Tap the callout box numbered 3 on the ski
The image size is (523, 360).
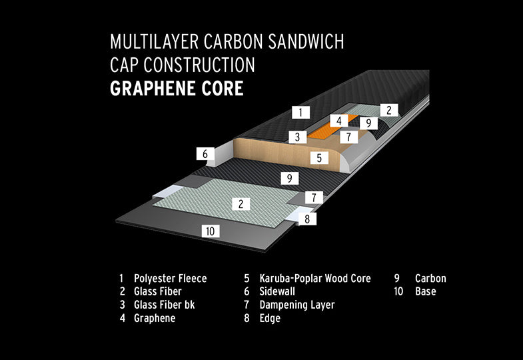[298, 137]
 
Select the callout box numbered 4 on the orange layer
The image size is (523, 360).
[339, 121]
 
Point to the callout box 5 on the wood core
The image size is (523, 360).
[320, 158]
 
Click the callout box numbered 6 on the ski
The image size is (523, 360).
[205, 154]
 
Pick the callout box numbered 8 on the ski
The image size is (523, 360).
[306, 218]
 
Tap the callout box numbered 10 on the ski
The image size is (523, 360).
[211, 231]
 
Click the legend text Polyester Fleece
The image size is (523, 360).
[170, 278]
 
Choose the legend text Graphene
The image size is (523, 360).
[155, 318]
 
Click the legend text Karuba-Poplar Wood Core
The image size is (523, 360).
[314, 278]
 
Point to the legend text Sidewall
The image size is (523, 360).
[277, 291]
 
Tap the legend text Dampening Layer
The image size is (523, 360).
[296, 305]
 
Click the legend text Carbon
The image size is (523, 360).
[430, 278]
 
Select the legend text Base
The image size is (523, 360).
[425, 291]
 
